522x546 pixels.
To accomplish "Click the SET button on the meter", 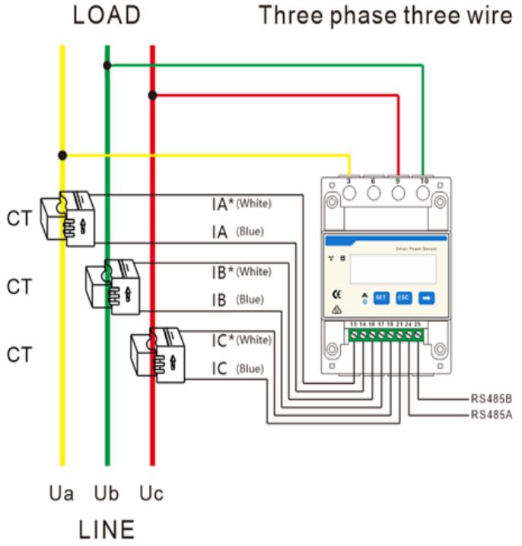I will (x=381, y=297).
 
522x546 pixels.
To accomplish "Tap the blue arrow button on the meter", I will (x=427, y=297).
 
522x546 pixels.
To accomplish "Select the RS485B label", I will (x=490, y=398).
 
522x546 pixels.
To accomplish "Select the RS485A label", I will (x=490, y=415).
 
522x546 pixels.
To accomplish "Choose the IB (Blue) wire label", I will (x=238, y=300).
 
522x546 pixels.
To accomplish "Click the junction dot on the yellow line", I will (x=62, y=155).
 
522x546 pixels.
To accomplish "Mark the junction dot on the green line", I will (x=107, y=66).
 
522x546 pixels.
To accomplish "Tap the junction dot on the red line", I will (x=153, y=95).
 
